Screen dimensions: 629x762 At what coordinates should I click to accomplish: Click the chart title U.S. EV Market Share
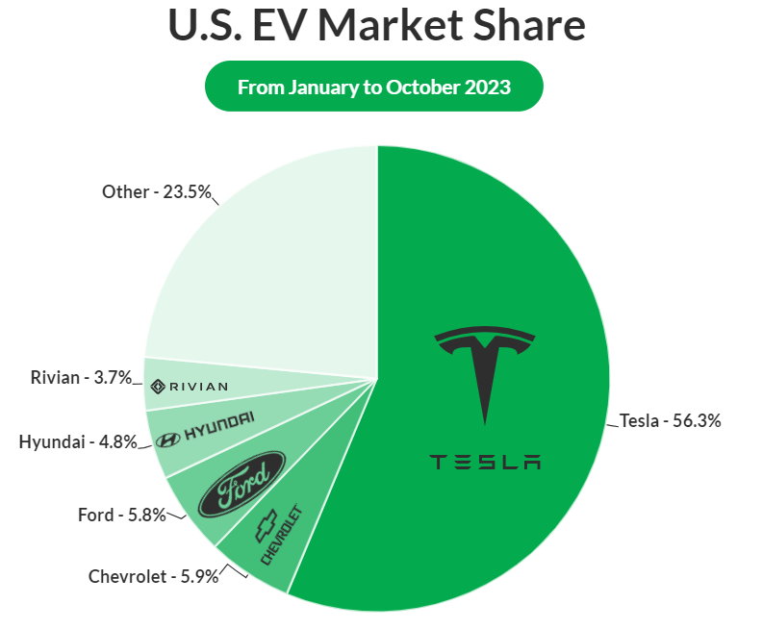377,26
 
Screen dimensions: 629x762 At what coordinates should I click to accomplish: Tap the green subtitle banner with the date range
374,87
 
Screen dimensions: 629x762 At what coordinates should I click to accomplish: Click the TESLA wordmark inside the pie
485,462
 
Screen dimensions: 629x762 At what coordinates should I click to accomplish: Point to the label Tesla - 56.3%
670,420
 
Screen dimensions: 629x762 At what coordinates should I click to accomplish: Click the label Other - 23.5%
156,191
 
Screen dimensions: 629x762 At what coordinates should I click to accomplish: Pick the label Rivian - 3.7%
81,378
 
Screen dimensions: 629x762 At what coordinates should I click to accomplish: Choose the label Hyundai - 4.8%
78,442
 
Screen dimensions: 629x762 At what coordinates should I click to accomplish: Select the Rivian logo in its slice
189,386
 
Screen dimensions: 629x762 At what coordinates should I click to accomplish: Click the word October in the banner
419,87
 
